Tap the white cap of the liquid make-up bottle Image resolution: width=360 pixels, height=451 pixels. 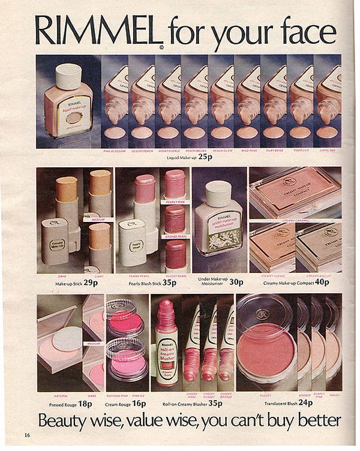pos(68,76)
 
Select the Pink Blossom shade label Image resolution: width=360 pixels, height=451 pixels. pos(114,151)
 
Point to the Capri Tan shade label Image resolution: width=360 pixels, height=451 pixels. pos(328,151)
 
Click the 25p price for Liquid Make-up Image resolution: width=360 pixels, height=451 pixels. pos(206,157)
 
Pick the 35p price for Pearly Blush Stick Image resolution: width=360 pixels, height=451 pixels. pos(170,282)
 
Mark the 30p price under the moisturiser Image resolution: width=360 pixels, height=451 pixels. pos(236,282)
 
